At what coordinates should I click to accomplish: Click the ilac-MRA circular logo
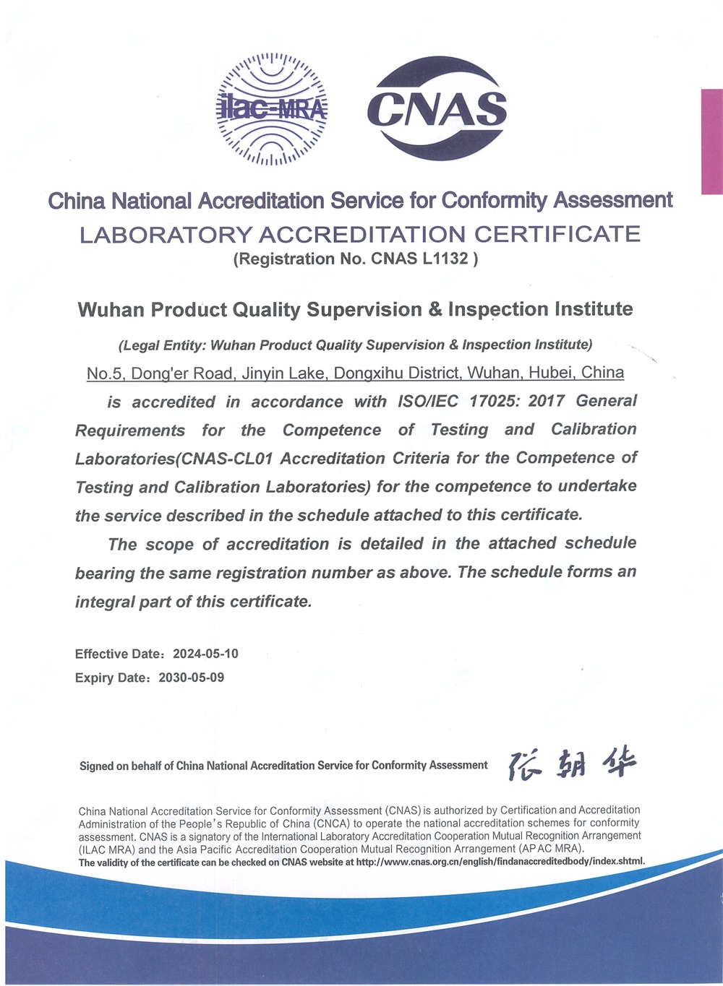[273, 108]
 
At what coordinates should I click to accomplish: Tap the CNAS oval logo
[436, 109]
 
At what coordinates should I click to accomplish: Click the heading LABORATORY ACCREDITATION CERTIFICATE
[359, 234]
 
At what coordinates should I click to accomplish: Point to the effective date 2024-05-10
[205, 654]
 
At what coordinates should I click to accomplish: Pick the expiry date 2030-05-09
[191, 678]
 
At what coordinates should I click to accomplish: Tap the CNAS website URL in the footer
[500, 862]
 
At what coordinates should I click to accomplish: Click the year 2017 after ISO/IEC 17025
[544, 401]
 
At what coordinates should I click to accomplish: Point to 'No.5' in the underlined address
[104, 373]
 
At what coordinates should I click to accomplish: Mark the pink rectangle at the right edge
[711, 142]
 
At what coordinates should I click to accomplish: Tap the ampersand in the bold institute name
[435, 310]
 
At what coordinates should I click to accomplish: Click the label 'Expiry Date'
[111, 678]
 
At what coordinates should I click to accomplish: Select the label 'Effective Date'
[119, 654]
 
